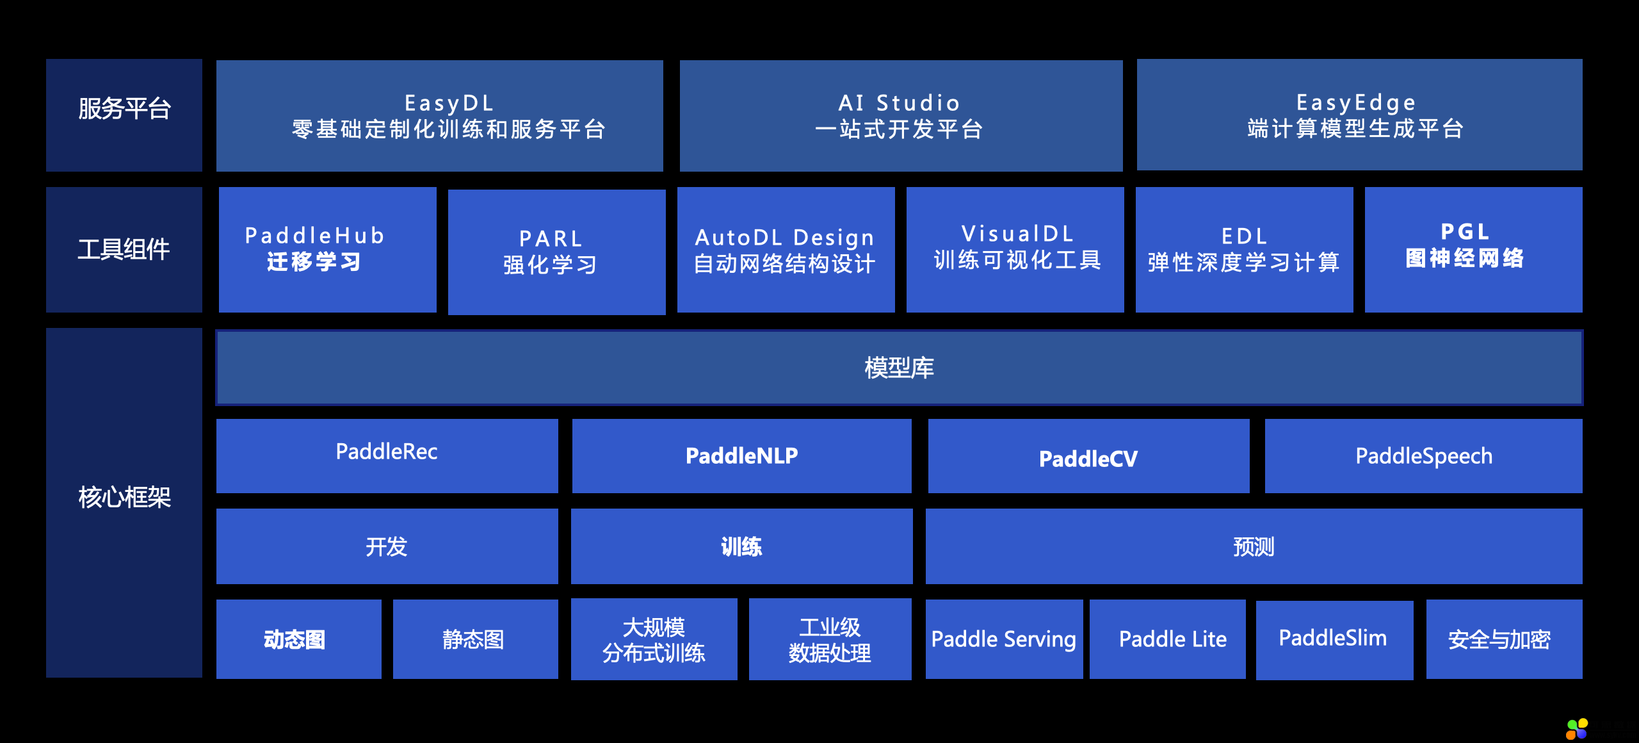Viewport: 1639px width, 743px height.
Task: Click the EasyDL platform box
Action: pyautogui.click(x=440, y=116)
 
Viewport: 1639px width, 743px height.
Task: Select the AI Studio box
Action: pyautogui.click(x=901, y=116)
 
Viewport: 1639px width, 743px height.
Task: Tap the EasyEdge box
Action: pyautogui.click(x=1360, y=115)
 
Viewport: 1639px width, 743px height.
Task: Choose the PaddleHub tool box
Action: pyautogui.click(x=328, y=250)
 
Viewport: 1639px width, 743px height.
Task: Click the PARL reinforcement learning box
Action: pyautogui.click(x=557, y=252)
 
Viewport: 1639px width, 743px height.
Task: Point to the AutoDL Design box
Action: pyautogui.click(x=786, y=250)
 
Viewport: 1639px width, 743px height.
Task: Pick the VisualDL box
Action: pyautogui.click(x=1015, y=250)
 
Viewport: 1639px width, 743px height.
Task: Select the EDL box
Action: pyautogui.click(x=1245, y=250)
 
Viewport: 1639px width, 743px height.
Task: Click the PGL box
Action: pyautogui.click(x=1474, y=250)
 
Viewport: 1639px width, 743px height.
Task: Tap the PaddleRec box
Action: pyautogui.click(x=387, y=456)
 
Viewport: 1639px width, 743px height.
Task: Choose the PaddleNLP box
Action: pyautogui.click(x=742, y=456)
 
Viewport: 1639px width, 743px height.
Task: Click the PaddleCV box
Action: pyautogui.click(x=1089, y=456)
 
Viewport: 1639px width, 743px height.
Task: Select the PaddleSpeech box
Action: pyautogui.click(x=1424, y=456)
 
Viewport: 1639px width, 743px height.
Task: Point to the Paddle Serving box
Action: pyautogui.click(x=1005, y=639)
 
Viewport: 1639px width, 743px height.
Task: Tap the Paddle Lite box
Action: pyautogui.click(x=1168, y=639)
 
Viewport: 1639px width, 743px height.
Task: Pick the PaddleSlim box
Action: pyautogui.click(x=1335, y=640)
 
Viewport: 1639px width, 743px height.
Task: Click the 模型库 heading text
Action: pyautogui.click(x=900, y=368)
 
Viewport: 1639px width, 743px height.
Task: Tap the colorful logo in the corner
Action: pyautogui.click(x=1577, y=729)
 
